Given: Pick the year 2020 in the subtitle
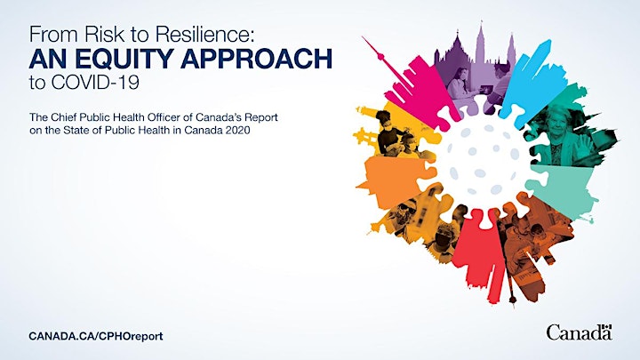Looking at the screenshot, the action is [x=238, y=131].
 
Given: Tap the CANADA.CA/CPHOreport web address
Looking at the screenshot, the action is [x=96, y=336].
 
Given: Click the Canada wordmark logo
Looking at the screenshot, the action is [x=580, y=332].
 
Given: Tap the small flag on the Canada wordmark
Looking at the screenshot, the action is [x=607, y=326].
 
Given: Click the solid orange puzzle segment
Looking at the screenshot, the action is [x=392, y=180].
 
